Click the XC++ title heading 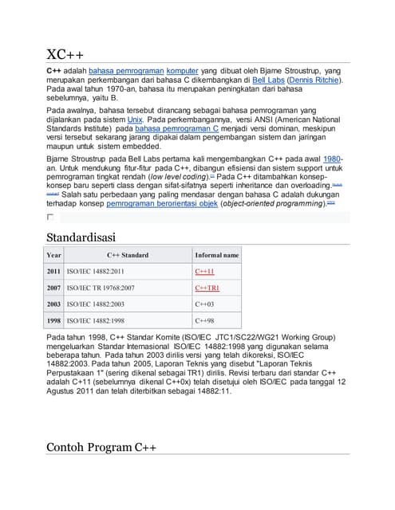65,55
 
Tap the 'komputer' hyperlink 182,72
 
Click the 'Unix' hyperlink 135,119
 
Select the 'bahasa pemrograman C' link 176,128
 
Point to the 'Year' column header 54,256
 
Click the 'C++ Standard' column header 127,256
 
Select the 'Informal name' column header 216,256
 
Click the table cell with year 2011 54,272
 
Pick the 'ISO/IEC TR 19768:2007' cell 101,288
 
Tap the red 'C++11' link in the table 204,272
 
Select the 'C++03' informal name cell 204,304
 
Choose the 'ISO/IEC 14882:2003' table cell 95,304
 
